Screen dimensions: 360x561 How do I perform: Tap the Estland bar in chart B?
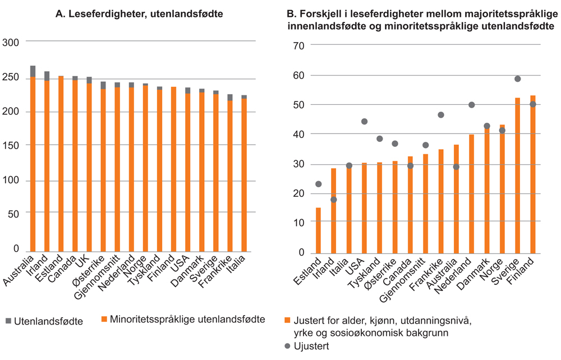pyautogui.click(x=319, y=230)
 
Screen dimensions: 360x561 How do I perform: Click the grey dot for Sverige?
pyautogui.click(x=517, y=79)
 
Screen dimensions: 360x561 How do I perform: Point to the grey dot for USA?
pyautogui.click(x=364, y=122)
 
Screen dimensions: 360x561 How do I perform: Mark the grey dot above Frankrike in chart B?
pyautogui.click(x=441, y=115)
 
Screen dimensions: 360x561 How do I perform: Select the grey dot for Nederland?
pyautogui.click(x=471, y=105)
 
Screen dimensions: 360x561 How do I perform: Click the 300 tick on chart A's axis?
pyautogui.click(x=11, y=43)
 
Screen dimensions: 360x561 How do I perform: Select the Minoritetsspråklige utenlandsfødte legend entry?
pyautogui.click(x=183, y=320)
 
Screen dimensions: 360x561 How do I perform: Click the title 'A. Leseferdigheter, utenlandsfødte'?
pyautogui.click(x=139, y=14)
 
